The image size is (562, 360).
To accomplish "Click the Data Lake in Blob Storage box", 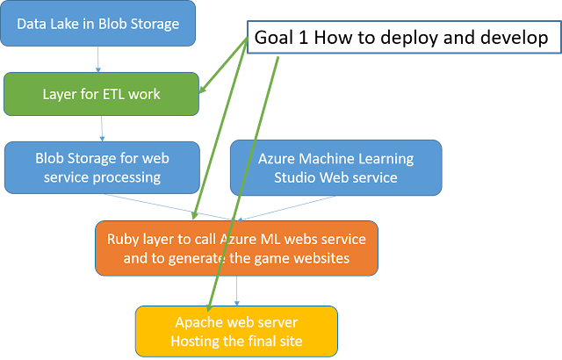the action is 97,24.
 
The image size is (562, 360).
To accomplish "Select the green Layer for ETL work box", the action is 102,94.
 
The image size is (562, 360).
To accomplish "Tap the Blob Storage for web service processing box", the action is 102,168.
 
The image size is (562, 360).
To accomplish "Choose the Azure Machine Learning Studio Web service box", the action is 335,168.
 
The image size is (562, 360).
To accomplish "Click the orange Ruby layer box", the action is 236,248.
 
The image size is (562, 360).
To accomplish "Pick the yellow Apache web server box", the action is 236,331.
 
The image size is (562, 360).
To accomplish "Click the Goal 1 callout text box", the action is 404,37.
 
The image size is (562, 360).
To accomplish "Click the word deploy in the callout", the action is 408,38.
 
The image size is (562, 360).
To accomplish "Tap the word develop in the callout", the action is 515,38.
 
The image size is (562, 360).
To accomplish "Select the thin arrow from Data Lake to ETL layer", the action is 98,59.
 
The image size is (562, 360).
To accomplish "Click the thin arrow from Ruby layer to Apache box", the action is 236,291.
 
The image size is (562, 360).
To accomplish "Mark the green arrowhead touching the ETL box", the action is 203,88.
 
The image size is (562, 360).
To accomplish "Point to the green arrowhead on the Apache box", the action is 209,306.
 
